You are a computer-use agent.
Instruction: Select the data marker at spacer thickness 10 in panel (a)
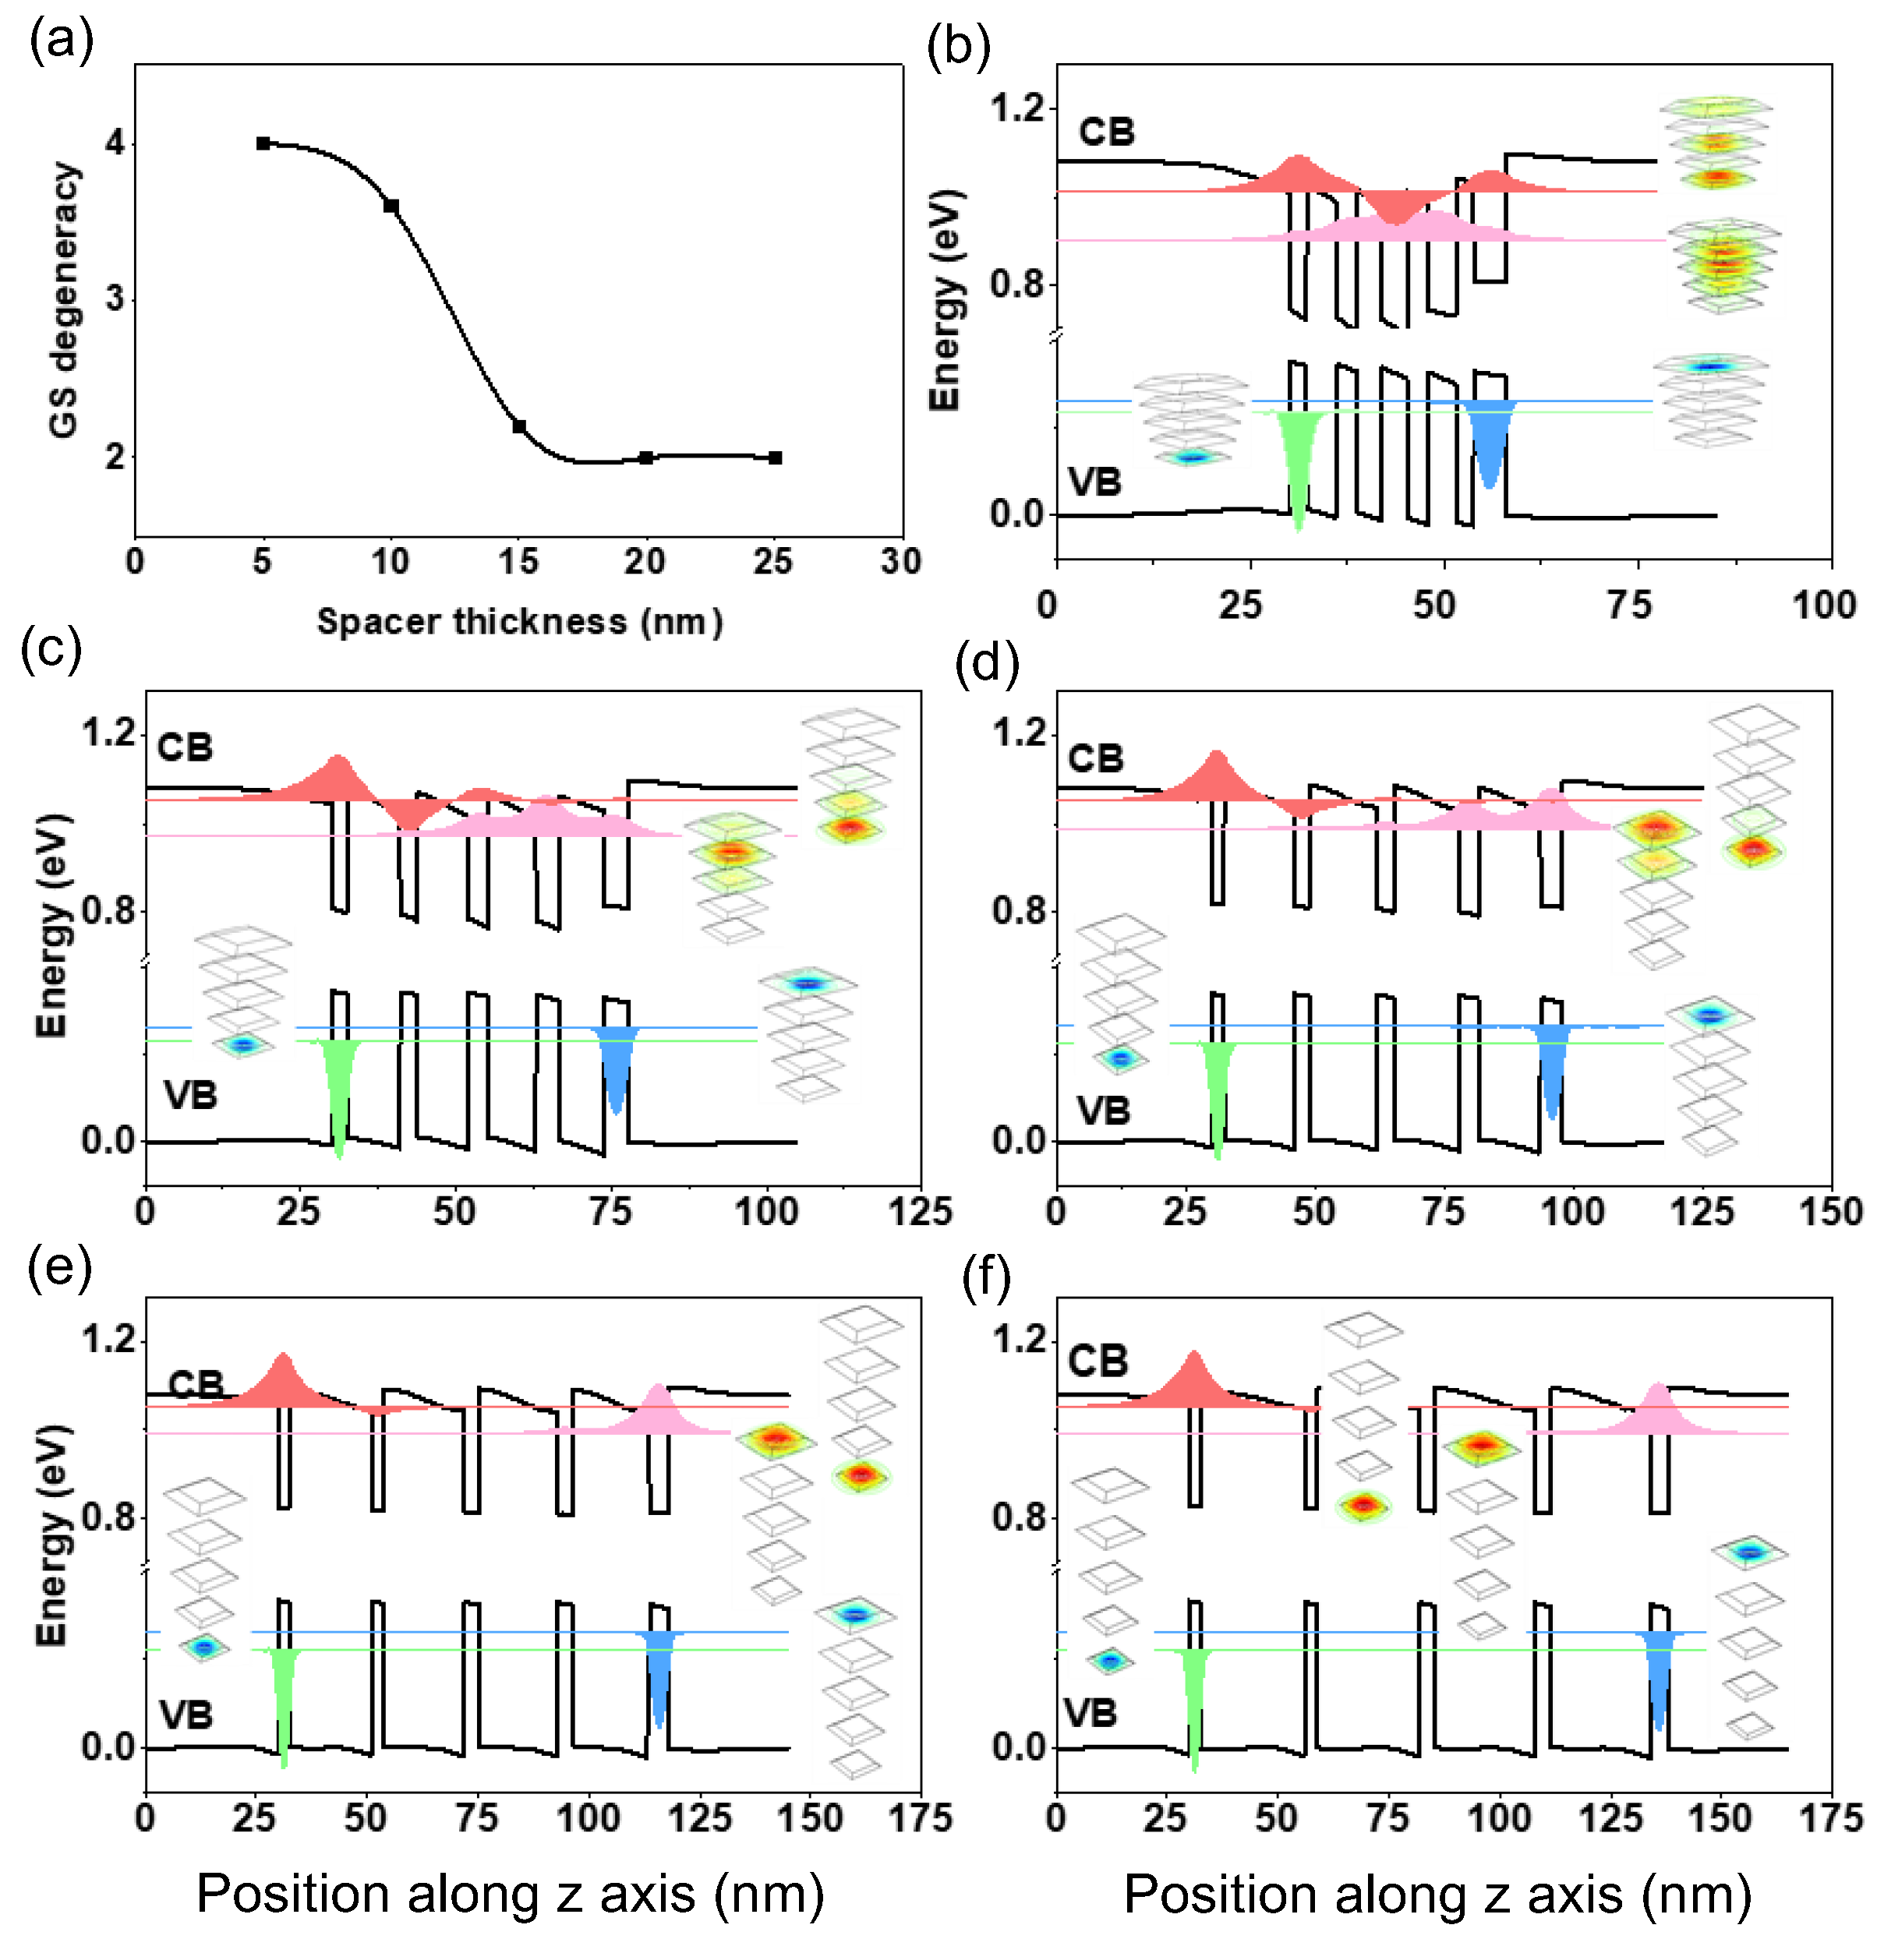(391, 206)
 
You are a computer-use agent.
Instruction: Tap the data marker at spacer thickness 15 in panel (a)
(518, 426)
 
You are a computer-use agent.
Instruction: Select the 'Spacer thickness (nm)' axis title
(519, 621)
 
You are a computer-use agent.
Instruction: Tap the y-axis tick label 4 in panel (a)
(115, 143)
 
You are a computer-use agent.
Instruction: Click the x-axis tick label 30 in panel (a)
(900, 562)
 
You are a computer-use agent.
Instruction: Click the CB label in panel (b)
(1106, 132)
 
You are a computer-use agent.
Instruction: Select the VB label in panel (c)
(190, 1095)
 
